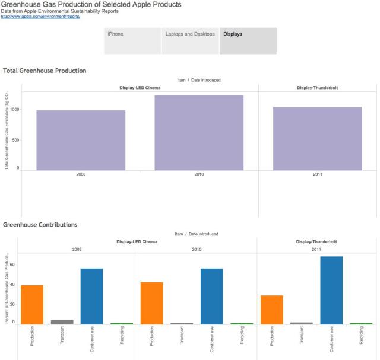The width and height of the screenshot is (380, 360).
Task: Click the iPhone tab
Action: point(132,40)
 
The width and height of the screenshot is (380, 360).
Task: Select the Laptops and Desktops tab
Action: point(189,40)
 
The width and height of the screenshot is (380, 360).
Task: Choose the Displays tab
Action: point(248,40)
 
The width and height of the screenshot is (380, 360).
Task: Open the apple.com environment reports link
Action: point(40,17)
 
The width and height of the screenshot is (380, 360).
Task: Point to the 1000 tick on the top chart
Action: point(14,110)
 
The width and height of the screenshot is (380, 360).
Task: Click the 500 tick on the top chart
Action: point(15,140)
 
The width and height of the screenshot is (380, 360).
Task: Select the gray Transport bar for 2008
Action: point(62,322)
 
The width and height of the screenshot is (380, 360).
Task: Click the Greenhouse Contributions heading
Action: point(40,225)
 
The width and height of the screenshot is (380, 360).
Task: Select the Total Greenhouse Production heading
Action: point(45,71)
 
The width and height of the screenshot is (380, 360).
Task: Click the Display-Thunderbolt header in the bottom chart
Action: point(316,242)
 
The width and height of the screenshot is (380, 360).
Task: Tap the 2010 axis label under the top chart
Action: point(199,175)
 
